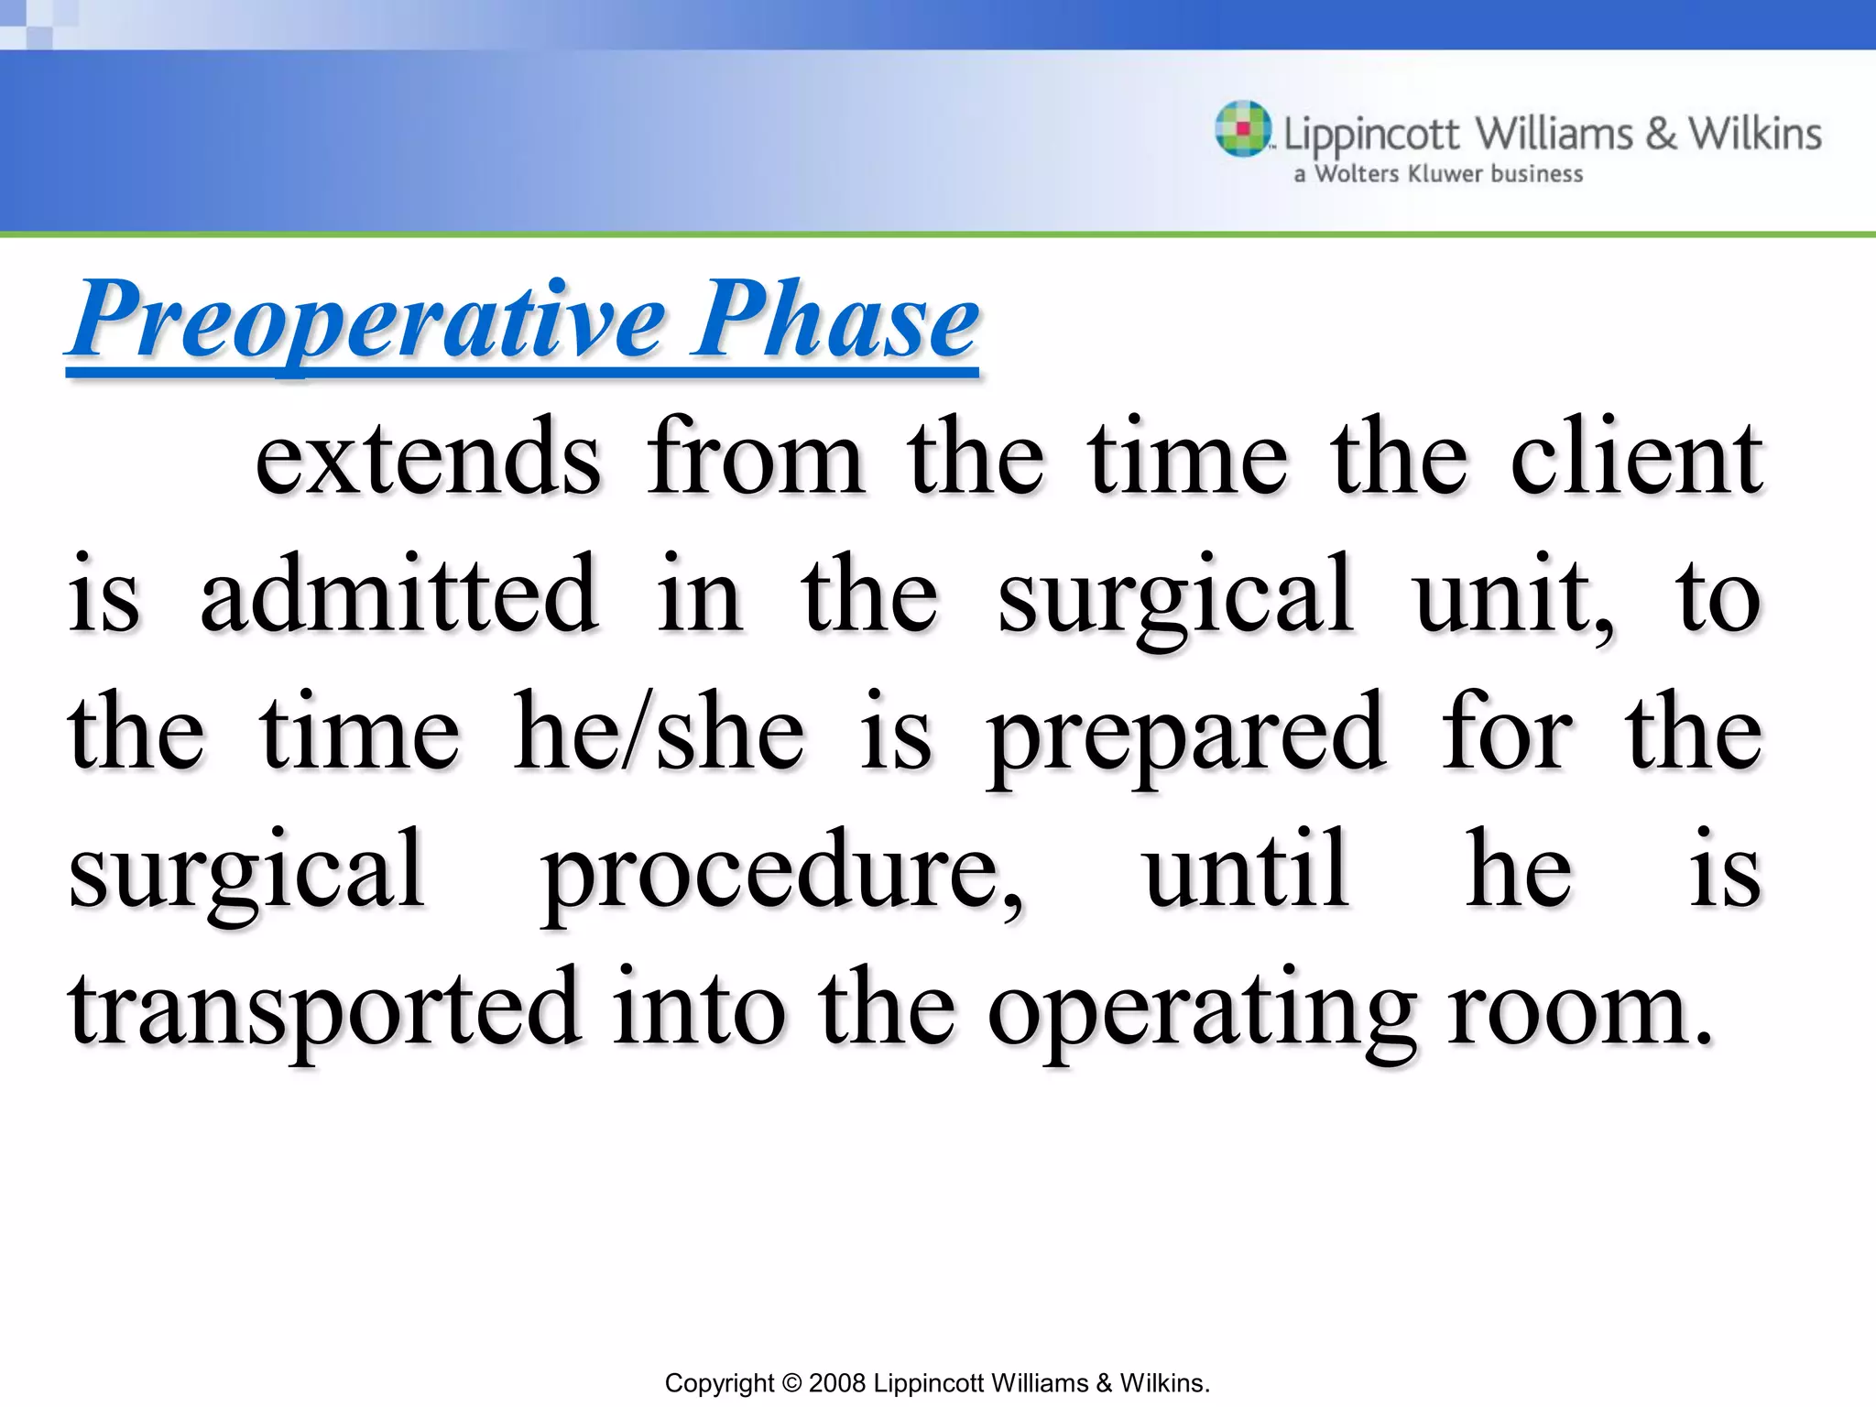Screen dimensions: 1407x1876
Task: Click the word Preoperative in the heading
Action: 366,321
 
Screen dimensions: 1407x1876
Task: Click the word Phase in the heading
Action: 835,321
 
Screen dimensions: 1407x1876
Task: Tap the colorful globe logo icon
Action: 1243,128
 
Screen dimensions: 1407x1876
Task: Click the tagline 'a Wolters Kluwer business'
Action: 1438,174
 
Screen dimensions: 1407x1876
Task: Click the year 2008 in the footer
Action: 836,1383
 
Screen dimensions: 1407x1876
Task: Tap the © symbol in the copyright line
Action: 791,1383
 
